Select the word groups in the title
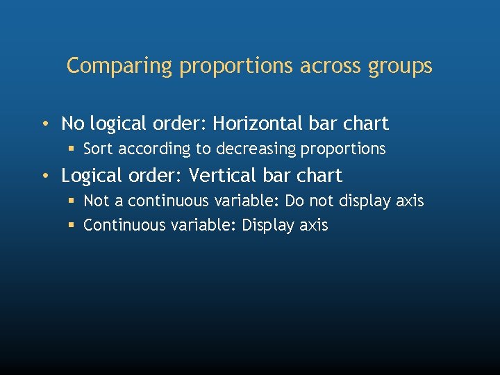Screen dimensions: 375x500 (402, 67)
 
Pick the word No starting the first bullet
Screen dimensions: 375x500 (73, 124)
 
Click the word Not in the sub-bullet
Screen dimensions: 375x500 (97, 201)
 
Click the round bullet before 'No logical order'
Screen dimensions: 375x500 (44, 124)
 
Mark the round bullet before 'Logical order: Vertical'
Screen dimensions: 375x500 (44, 176)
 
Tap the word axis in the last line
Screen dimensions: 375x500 (313, 225)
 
